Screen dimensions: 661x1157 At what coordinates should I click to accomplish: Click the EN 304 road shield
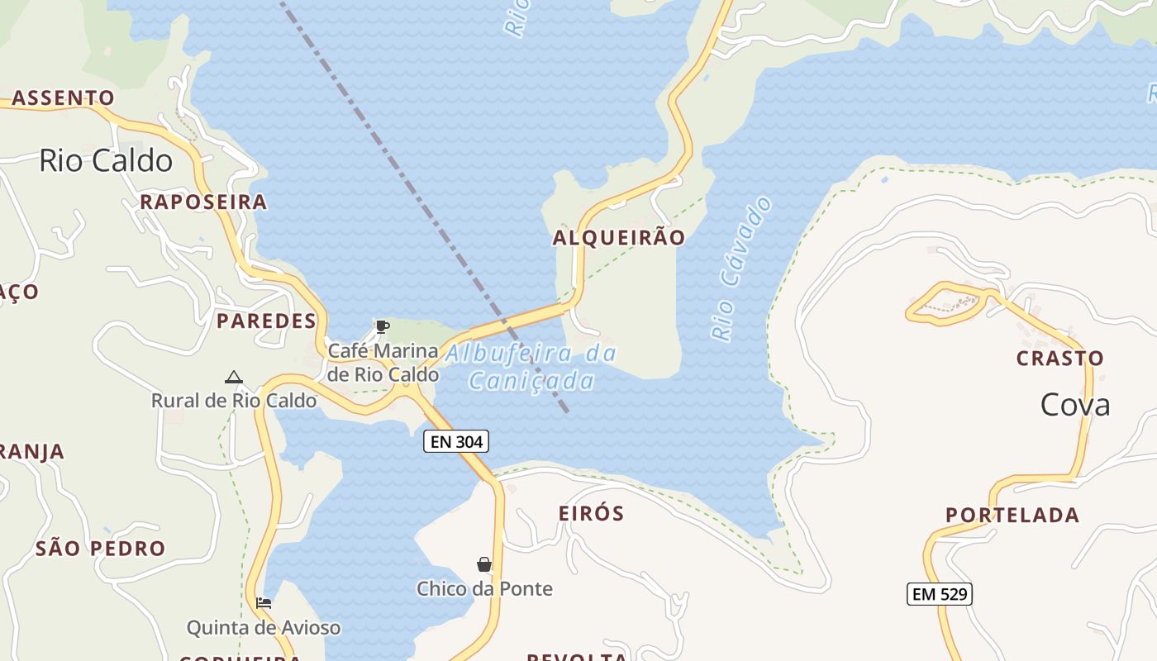click(456, 441)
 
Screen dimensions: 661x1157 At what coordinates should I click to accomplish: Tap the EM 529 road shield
click(939, 593)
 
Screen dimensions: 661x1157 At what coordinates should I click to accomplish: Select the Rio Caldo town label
click(106, 160)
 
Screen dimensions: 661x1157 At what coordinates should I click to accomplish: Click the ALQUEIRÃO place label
click(618, 238)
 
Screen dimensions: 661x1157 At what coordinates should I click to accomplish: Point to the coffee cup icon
click(382, 326)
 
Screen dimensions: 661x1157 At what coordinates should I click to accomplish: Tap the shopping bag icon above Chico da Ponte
click(484, 564)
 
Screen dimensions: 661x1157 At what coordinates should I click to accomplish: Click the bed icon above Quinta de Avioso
click(264, 603)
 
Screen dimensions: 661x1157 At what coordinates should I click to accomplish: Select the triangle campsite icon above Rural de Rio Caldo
click(234, 378)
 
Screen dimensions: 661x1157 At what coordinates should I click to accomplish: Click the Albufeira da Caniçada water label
click(531, 367)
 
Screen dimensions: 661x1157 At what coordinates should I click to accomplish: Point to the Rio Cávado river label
click(741, 269)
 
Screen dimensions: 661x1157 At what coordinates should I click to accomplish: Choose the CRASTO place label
click(1059, 359)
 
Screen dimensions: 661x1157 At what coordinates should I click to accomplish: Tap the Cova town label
click(1074, 405)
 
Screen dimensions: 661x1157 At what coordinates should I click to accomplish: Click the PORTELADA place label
click(1012, 516)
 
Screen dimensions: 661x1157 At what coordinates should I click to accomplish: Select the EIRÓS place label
click(591, 513)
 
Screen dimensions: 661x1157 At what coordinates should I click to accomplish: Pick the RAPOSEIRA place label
click(203, 202)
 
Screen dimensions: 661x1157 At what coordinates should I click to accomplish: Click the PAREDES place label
click(266, 321)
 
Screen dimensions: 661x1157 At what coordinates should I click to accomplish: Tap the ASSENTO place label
click(63, 98)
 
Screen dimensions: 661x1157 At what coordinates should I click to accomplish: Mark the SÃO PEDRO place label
click(100, 549)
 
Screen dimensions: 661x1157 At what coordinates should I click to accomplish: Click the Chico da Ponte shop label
click(484, 589)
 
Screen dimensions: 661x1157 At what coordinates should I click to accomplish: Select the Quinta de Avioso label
click(263, 628)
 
